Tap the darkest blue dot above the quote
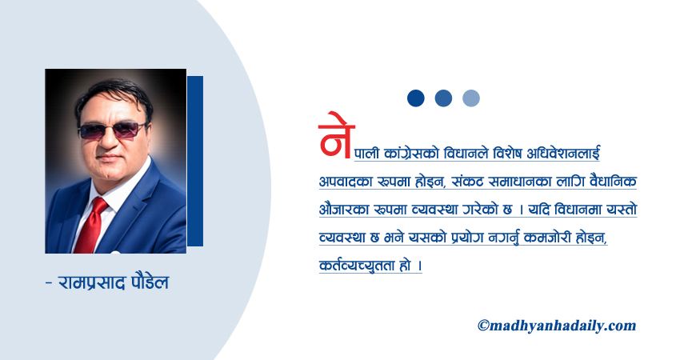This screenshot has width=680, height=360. pos(415,98)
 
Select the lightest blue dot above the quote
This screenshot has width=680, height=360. pos(471,98)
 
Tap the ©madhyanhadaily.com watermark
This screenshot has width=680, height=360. pos(557,325)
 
